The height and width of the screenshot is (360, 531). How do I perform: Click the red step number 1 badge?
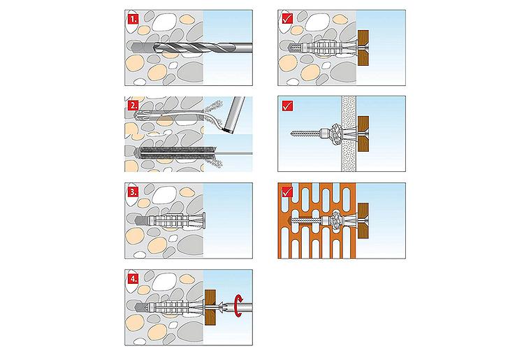[x=133, y=21]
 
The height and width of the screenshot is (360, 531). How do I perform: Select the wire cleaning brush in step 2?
[x=178, y=152]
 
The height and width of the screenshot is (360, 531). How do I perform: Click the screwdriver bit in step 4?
[x=231, y=305]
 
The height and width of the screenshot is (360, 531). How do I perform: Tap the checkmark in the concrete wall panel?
[x=286, y=21]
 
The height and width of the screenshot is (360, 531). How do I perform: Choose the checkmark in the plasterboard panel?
[x=286, y=107]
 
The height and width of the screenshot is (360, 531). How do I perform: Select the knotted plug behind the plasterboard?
[x=333, y=133]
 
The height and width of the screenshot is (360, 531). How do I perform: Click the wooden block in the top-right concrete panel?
[x=363, y=48]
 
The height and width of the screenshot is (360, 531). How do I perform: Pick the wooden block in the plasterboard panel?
[x=362, y=133]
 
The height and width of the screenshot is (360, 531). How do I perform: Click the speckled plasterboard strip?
[x=348, y=133]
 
